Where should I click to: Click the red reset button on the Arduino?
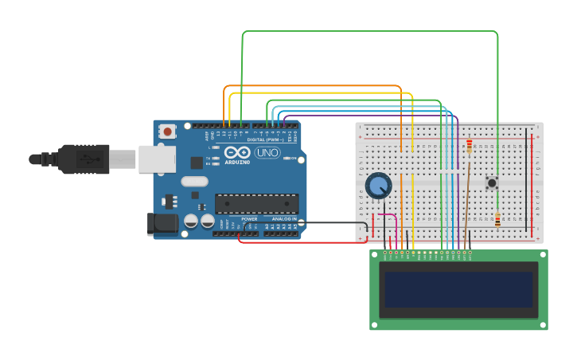click(x=167, y=131)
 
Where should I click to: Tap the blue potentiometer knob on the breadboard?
click(x=378, y=186)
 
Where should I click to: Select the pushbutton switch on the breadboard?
click(x=492, y=182)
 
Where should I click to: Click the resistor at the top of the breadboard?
click(x=470, y=146)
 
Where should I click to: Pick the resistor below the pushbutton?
click(x=497, y=219)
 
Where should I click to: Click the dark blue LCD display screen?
click(x=458, y=289)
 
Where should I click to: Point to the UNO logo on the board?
click(x=267, y=152)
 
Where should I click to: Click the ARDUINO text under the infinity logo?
click(x=237, y=162)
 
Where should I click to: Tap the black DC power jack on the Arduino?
click(x=163, y=223)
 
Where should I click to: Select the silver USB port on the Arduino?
click(x=157, y=159)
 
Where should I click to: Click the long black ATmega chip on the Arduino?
click(x=256, y=203)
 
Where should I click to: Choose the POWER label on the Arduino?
click(x=249, y=219)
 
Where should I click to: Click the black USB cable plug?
click(x=84, y=159)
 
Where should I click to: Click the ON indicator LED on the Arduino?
click(x=287, y=158)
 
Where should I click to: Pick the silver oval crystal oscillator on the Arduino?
click(x=194, y=181)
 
